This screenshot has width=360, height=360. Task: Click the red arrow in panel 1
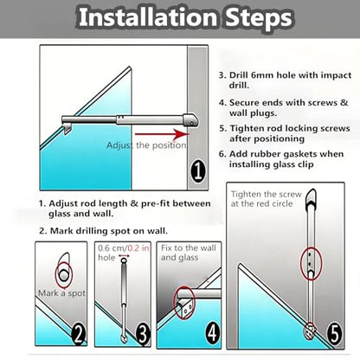[162, 134]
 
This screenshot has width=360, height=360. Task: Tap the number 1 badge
[198, 171]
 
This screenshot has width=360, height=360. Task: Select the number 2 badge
[79, 334]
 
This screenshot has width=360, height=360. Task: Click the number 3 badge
[143, 334]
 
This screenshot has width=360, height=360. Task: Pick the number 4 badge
[213, 333]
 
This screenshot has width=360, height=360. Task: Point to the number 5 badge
[334, 334]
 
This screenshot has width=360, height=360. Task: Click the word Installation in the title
[148, 17]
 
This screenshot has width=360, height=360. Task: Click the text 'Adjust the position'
[146, 145]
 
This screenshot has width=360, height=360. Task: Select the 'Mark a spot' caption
[61, 293]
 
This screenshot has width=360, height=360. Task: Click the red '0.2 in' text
[138, 248]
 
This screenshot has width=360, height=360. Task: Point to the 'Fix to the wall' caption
[189, 247]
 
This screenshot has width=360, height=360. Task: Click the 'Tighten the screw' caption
[266, 194]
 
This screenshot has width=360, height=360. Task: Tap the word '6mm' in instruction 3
[262, 75]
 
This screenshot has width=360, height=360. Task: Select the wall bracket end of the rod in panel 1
[191, 120]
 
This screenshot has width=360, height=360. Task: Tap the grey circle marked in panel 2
[63, 275]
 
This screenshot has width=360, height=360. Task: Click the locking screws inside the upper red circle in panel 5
[309, 260]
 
